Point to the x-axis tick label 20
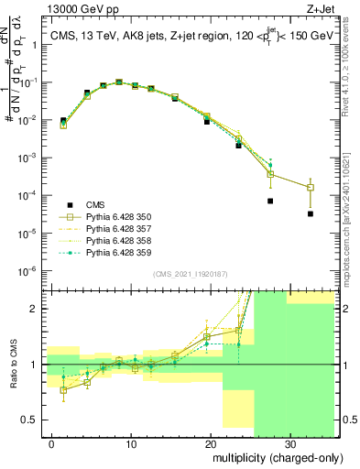click(210, 442)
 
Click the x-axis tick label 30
click(289, 442)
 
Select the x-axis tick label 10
click(131, 442)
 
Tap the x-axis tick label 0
click(52, 442)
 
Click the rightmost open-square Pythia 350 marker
click(311, 188)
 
